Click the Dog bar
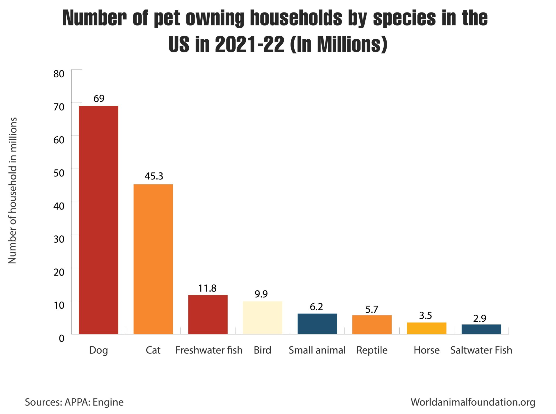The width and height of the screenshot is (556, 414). coord(98,220)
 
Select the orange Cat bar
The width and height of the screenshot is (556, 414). coord(153,259)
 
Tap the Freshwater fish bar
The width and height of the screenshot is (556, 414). coord(208,314)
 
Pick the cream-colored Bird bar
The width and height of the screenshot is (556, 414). coord(263,317)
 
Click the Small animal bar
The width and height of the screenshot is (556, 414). coord(317,324)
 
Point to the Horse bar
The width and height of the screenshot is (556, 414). coord(427,328)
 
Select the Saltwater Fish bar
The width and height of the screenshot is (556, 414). coord(481,329)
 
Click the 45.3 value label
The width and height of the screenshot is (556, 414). coord(154,176)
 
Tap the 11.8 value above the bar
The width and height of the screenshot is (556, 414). coord(207,288)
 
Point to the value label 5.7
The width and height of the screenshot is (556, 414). coord(372,309)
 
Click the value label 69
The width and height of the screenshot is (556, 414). coord(99,98)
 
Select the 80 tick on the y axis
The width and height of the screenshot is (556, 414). coord(59,74)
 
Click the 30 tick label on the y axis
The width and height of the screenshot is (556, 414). coord(59,239)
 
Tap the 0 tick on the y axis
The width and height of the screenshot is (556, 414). coord(62,338)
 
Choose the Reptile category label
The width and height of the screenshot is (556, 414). coord(372,350)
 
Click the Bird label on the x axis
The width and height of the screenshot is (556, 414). coord(262,350)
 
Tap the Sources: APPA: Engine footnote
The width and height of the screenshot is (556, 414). coord(74,402)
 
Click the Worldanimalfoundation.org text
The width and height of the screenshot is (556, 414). coord(473,402)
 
